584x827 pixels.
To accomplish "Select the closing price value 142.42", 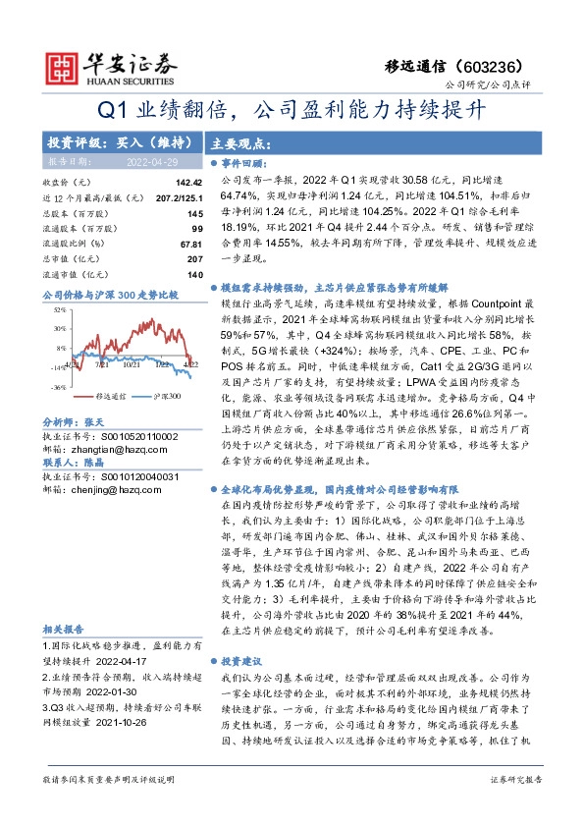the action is [188, 183].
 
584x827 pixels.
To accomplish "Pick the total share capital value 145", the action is [194, 213].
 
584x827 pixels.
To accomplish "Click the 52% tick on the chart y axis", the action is [59, 309].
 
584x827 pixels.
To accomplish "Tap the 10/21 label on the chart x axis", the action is [131, 365].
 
